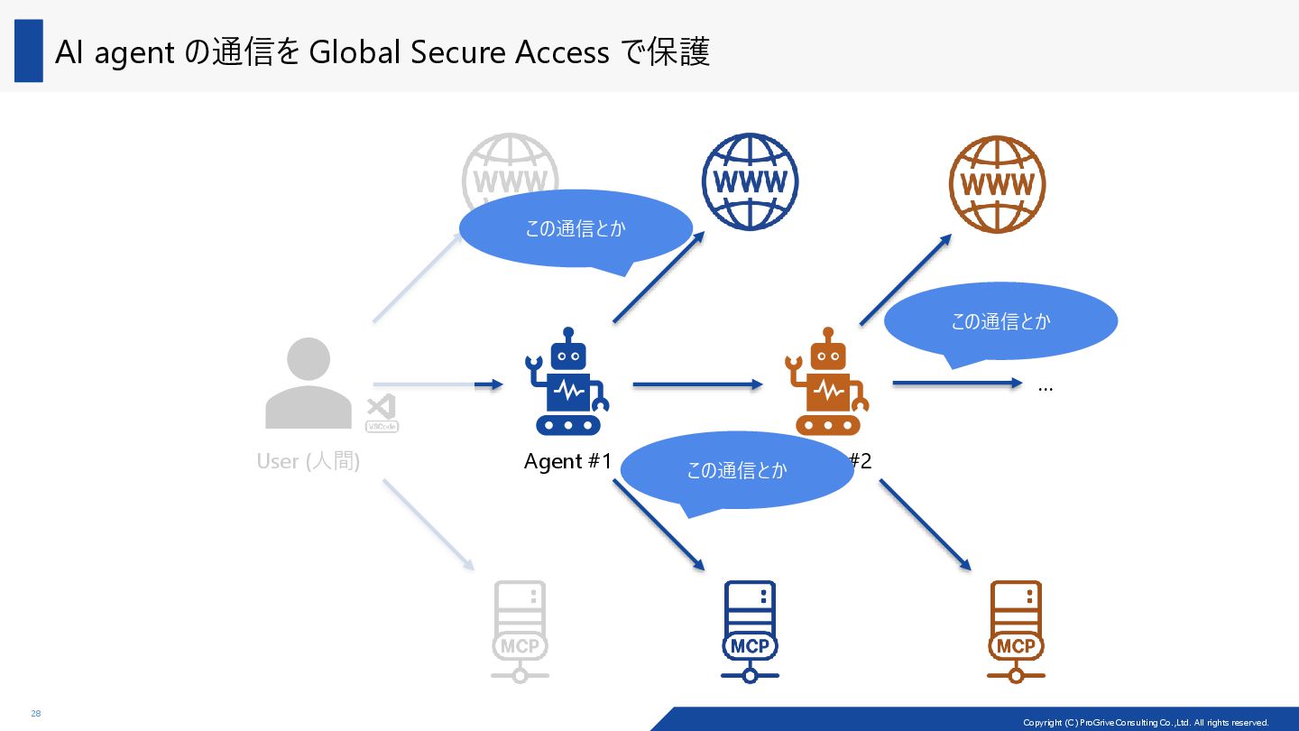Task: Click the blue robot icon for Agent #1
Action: tap(567, 383)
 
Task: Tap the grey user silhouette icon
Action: tap(309, 384)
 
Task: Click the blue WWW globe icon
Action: tap(750, 181)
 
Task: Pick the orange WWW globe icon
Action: tap(997, 184)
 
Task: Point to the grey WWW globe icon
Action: tap(510, 167)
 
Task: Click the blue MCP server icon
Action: tap(750, 631)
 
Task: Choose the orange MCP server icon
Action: tap(1016, 631)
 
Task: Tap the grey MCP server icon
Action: tap(520, 631)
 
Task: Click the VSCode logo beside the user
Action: tap(382, 413)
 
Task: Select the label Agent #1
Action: tap(567, 461)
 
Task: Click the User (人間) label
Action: tap(309, 461)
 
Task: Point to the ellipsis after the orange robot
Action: tap(1046, 388)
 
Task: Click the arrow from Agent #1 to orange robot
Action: tap(697, 384)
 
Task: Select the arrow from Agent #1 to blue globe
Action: tap(659, 276)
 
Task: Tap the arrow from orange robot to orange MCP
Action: tap(925, 524)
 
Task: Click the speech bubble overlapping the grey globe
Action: tap(576, 228)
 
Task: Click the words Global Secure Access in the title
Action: tap(459, 52)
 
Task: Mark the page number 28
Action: tap(36, 714)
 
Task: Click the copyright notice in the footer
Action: tap(1146, 722)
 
